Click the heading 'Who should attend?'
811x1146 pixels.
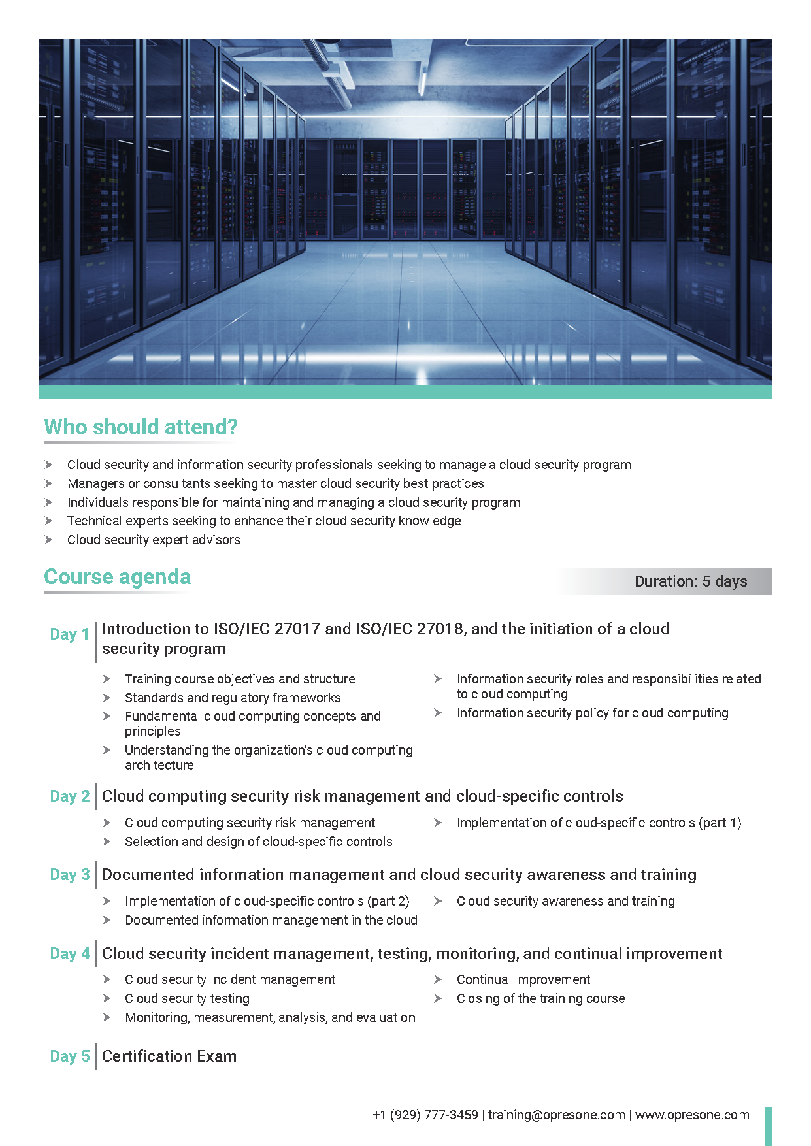click(141, 427)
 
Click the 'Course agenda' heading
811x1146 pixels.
click(118, 577)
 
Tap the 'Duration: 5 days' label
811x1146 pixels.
click(691, 581)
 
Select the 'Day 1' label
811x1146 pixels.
click(69, 634)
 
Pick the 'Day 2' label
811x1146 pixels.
click(70, 796)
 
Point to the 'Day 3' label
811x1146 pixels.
click(70, 875)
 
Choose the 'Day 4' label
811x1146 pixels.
click(70, 954)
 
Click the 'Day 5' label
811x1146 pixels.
click(70, 1056)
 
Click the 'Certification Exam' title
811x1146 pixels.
click(169, 1056)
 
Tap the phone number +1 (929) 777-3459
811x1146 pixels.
click(425, 1115)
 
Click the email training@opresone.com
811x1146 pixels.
click(556, 1115)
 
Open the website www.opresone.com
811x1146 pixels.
click(692, 1115)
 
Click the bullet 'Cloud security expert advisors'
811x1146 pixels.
click(154, 540)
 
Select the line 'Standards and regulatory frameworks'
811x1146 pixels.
click(233, 698)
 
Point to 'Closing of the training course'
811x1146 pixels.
click(540, 998)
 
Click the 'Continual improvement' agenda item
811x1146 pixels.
click(523, 979)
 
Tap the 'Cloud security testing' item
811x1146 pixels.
click(187, 998)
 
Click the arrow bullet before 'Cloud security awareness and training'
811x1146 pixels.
click(438, 901)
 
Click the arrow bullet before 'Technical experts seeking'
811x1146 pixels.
click(48, 521)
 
